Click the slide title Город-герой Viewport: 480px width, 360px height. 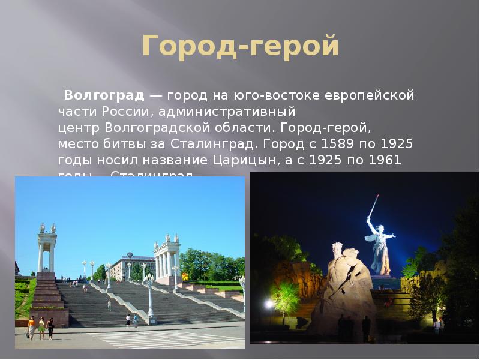(x=240, y=47)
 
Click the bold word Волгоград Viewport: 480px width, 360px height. (x=104, y=95)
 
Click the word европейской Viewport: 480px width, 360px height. (x=369, y=95)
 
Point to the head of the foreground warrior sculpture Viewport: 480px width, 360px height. (x=338, y=248)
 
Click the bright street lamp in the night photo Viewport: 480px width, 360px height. (x=269, y=305)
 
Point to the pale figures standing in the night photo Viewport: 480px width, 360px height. (x=437, y=325)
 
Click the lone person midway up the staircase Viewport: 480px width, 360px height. (x=109, y=306)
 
